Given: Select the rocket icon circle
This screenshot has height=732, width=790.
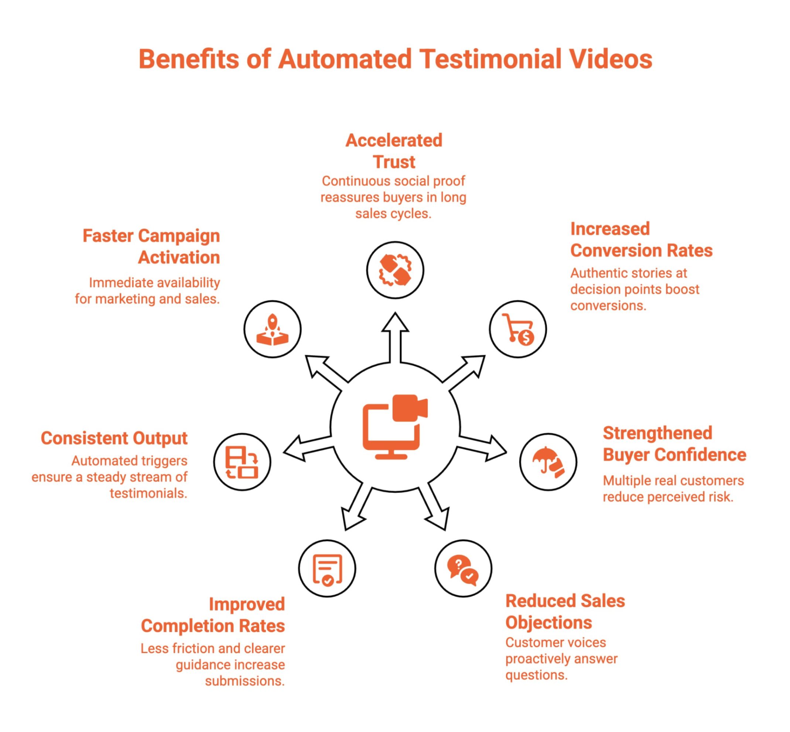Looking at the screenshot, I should pyautogui.click(x=272, y=329).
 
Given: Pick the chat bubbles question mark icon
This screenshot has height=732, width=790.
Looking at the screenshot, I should pyautogui.click(x=462, y=569).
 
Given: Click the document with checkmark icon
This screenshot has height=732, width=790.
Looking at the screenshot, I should pyautogui.click(x=327, y=569).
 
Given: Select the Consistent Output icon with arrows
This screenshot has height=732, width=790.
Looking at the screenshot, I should pyautogui.click(x=242, y=462).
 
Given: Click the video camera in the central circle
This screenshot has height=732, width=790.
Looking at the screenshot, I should pyautogui.click(x=410, y=408).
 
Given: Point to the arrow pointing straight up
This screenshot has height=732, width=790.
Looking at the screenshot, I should pyautogui.click(x=395, y=337).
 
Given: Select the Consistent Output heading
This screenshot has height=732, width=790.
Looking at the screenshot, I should pyautogui.click(x=114, y=438).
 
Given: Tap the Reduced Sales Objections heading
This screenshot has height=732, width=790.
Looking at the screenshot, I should pyautogui.click(x=565, y=612).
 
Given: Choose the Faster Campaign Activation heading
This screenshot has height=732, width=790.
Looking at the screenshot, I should pyautogui.click(x=151, y=246).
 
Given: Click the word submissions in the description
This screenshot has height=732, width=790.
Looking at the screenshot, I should pyautogui.click(x=244, y=681).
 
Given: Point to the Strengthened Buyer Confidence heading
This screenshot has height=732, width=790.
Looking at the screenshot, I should pyautogui.click(x=674, y=444).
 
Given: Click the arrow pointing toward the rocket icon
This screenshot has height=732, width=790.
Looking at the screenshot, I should pyautogui.click(x=325, y=368).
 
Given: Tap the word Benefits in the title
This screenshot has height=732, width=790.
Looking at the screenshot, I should pyautogui.click(x=189, y=59).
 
